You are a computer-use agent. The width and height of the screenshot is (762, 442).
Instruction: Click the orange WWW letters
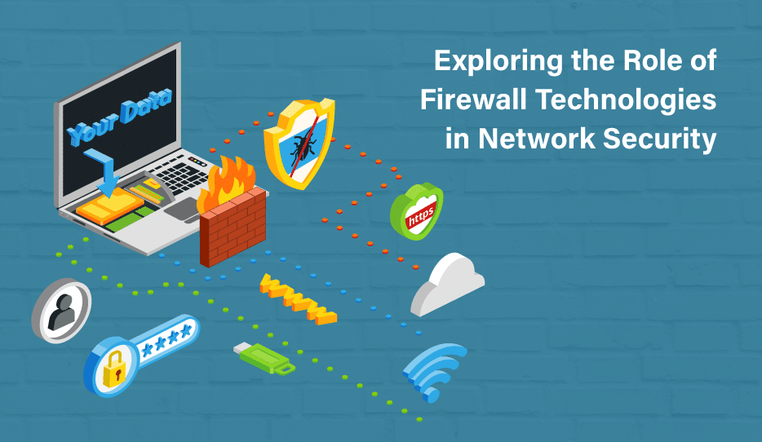298,299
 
